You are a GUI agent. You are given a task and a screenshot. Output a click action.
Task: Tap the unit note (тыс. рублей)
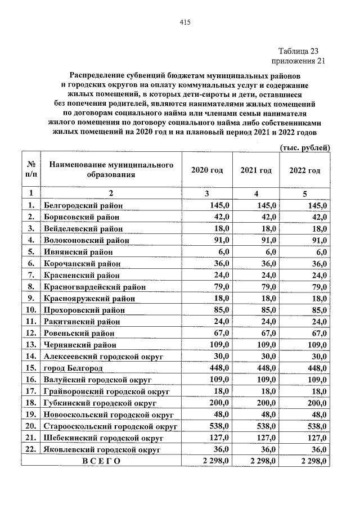coord(304,147)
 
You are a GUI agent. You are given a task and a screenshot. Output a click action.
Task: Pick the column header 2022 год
coord(305,170)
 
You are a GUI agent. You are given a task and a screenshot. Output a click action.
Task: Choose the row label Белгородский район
coord(83,206)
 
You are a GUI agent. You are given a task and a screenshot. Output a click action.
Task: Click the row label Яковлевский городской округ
coord(102,450)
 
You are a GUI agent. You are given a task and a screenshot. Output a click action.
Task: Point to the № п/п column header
coord(32,170)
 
